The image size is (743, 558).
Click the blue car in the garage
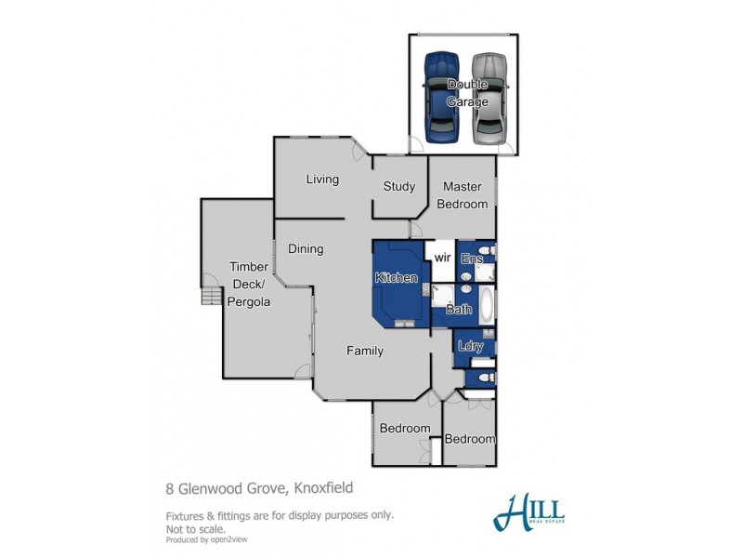442,97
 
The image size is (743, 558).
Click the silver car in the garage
489,97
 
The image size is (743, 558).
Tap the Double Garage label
467,93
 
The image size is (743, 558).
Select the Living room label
322,179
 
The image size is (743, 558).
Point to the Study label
399,186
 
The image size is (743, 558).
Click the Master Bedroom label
462,195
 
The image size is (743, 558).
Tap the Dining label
306,249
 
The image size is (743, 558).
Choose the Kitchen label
397,278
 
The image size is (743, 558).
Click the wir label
442,259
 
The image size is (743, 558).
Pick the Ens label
471,259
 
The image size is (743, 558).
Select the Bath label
459,309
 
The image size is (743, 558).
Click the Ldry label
471,346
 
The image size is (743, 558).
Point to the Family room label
365,352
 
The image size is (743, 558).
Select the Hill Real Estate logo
529,512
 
